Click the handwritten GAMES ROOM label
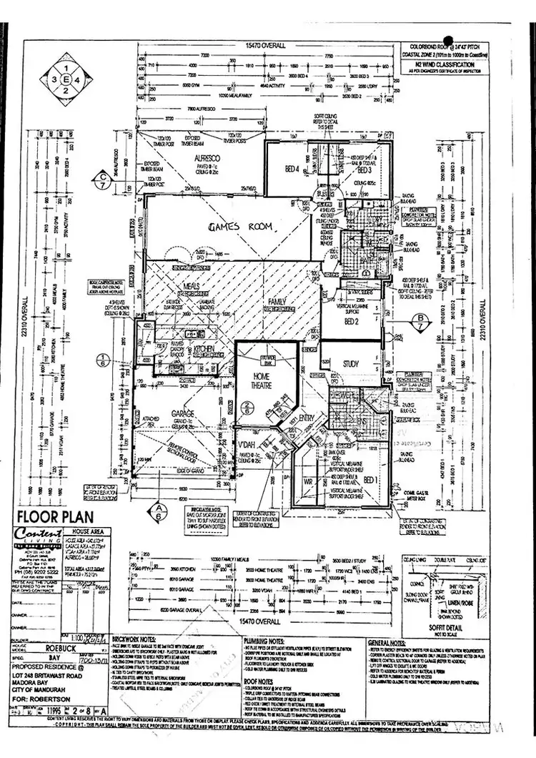click(x=241, y=227)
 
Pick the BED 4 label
click(x=292, y=170)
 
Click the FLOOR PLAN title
click(x=51, y=516)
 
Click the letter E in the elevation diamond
click(x=66, y=79)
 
